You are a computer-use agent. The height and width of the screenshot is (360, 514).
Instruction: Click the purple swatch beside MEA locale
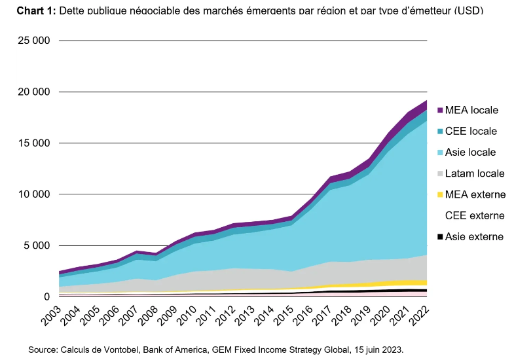pos(440,110)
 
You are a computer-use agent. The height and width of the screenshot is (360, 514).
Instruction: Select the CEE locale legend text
pos(471,131)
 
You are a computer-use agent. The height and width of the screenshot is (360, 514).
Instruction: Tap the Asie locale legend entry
pos(470,153)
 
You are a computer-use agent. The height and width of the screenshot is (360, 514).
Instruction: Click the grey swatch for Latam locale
pos(440,173)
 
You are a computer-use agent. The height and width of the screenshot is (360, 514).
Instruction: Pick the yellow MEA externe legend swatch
pos(440,194)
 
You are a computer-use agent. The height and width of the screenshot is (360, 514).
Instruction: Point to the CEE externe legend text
pos(475,215)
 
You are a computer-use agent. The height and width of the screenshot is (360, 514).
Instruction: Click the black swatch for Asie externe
pos(440,236)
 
